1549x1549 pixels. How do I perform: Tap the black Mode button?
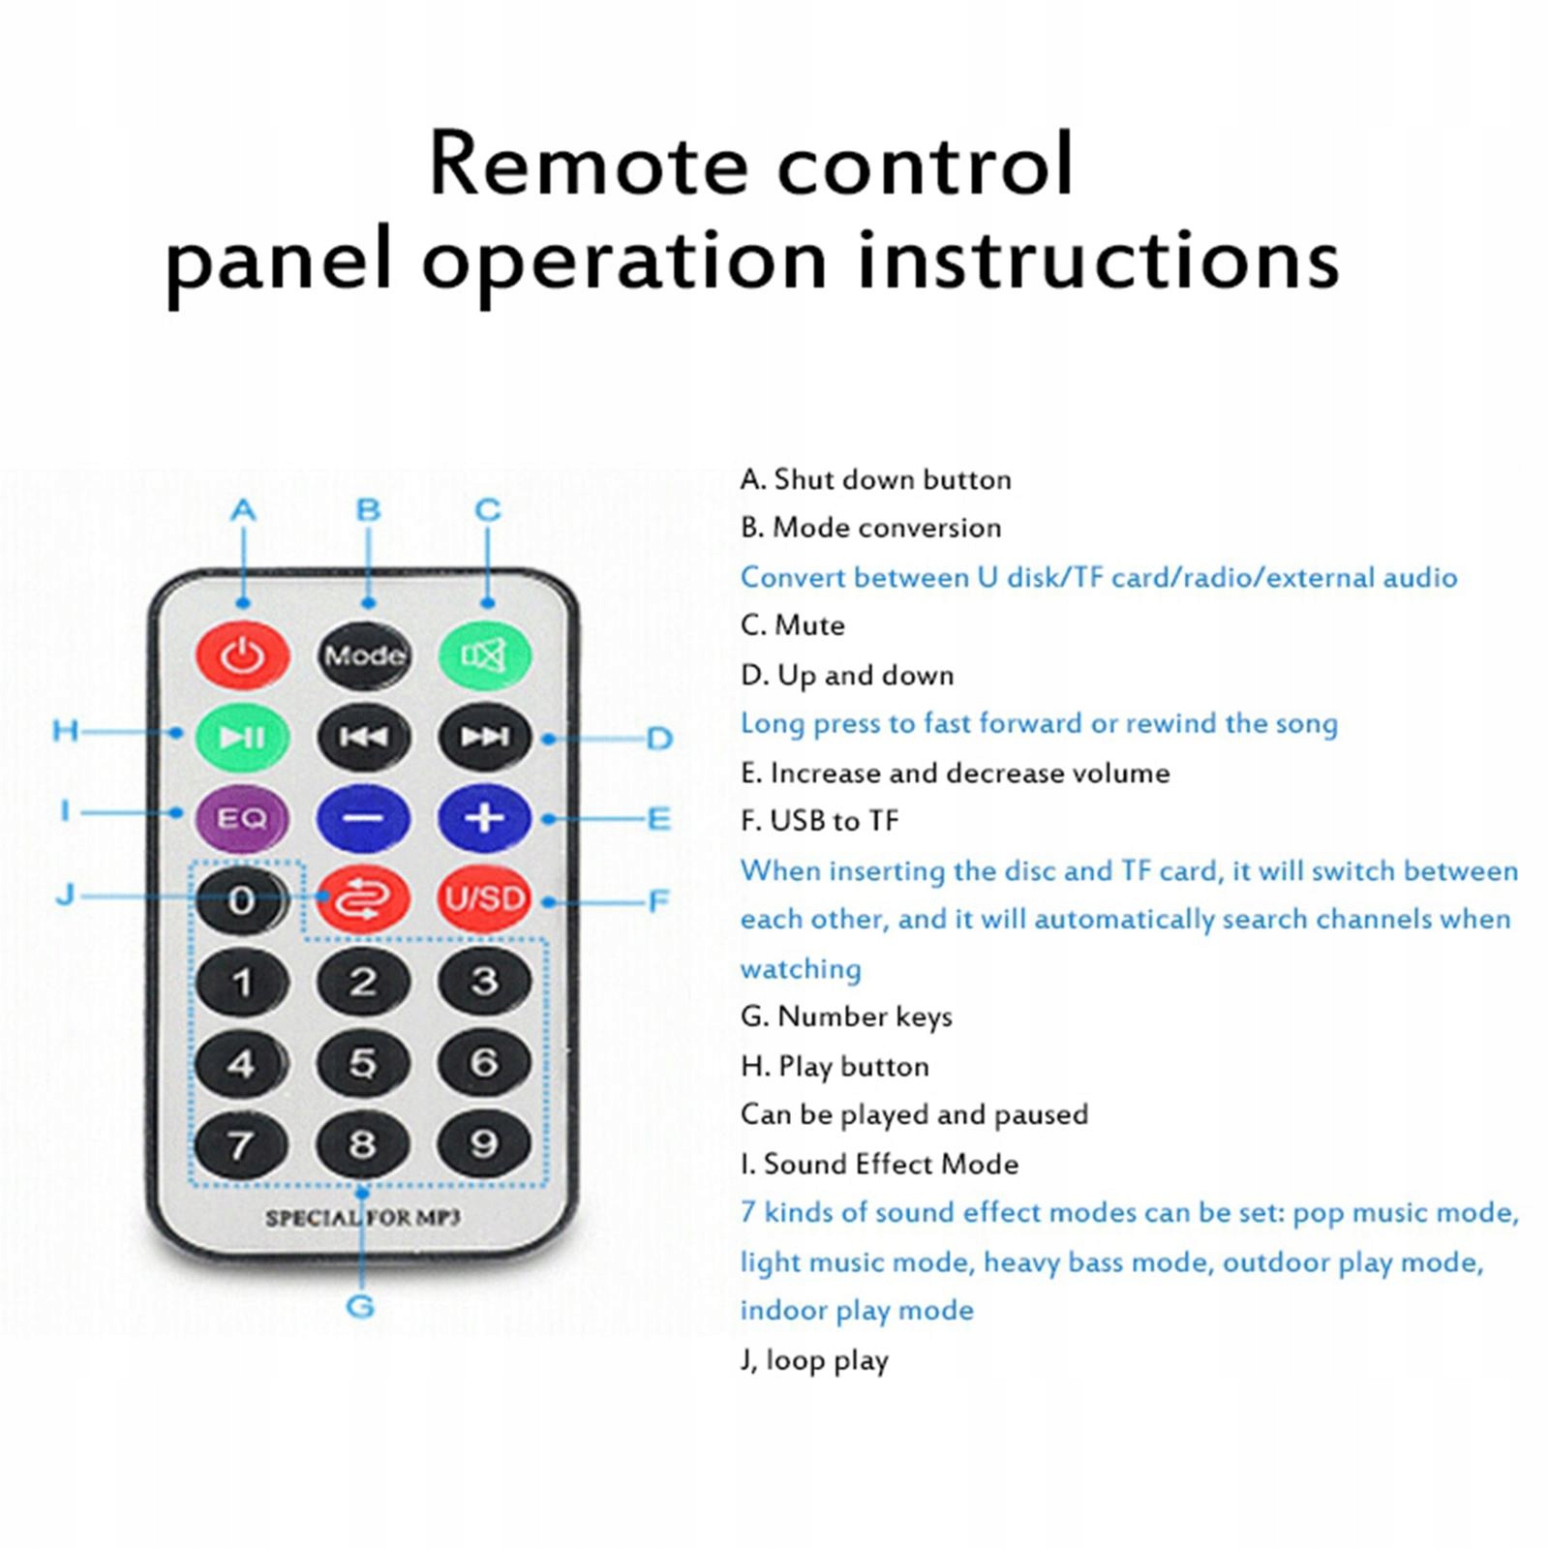(363, 655)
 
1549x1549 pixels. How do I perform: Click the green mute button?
(484, 655)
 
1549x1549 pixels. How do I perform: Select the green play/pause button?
(242, 738)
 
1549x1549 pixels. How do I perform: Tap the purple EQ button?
(242, 819)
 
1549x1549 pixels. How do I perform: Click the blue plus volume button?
(484, 819)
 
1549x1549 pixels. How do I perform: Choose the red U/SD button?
(484, 899)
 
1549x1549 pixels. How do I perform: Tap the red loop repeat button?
(363, 899)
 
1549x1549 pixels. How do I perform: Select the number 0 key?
(242, 900)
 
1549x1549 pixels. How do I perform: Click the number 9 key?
(484, 1144)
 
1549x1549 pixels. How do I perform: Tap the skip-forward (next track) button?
(484, 738)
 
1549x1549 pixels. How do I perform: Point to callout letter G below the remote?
(360, 1306)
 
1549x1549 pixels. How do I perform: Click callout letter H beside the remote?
(65, 730)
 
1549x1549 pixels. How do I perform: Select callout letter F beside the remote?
(659, 901)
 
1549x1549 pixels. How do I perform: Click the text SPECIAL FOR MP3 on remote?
(363, 1217)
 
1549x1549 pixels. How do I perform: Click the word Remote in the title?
(588, 164)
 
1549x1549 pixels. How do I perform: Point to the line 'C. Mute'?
(792, 625)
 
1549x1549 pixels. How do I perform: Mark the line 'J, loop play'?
(814, 1360)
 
